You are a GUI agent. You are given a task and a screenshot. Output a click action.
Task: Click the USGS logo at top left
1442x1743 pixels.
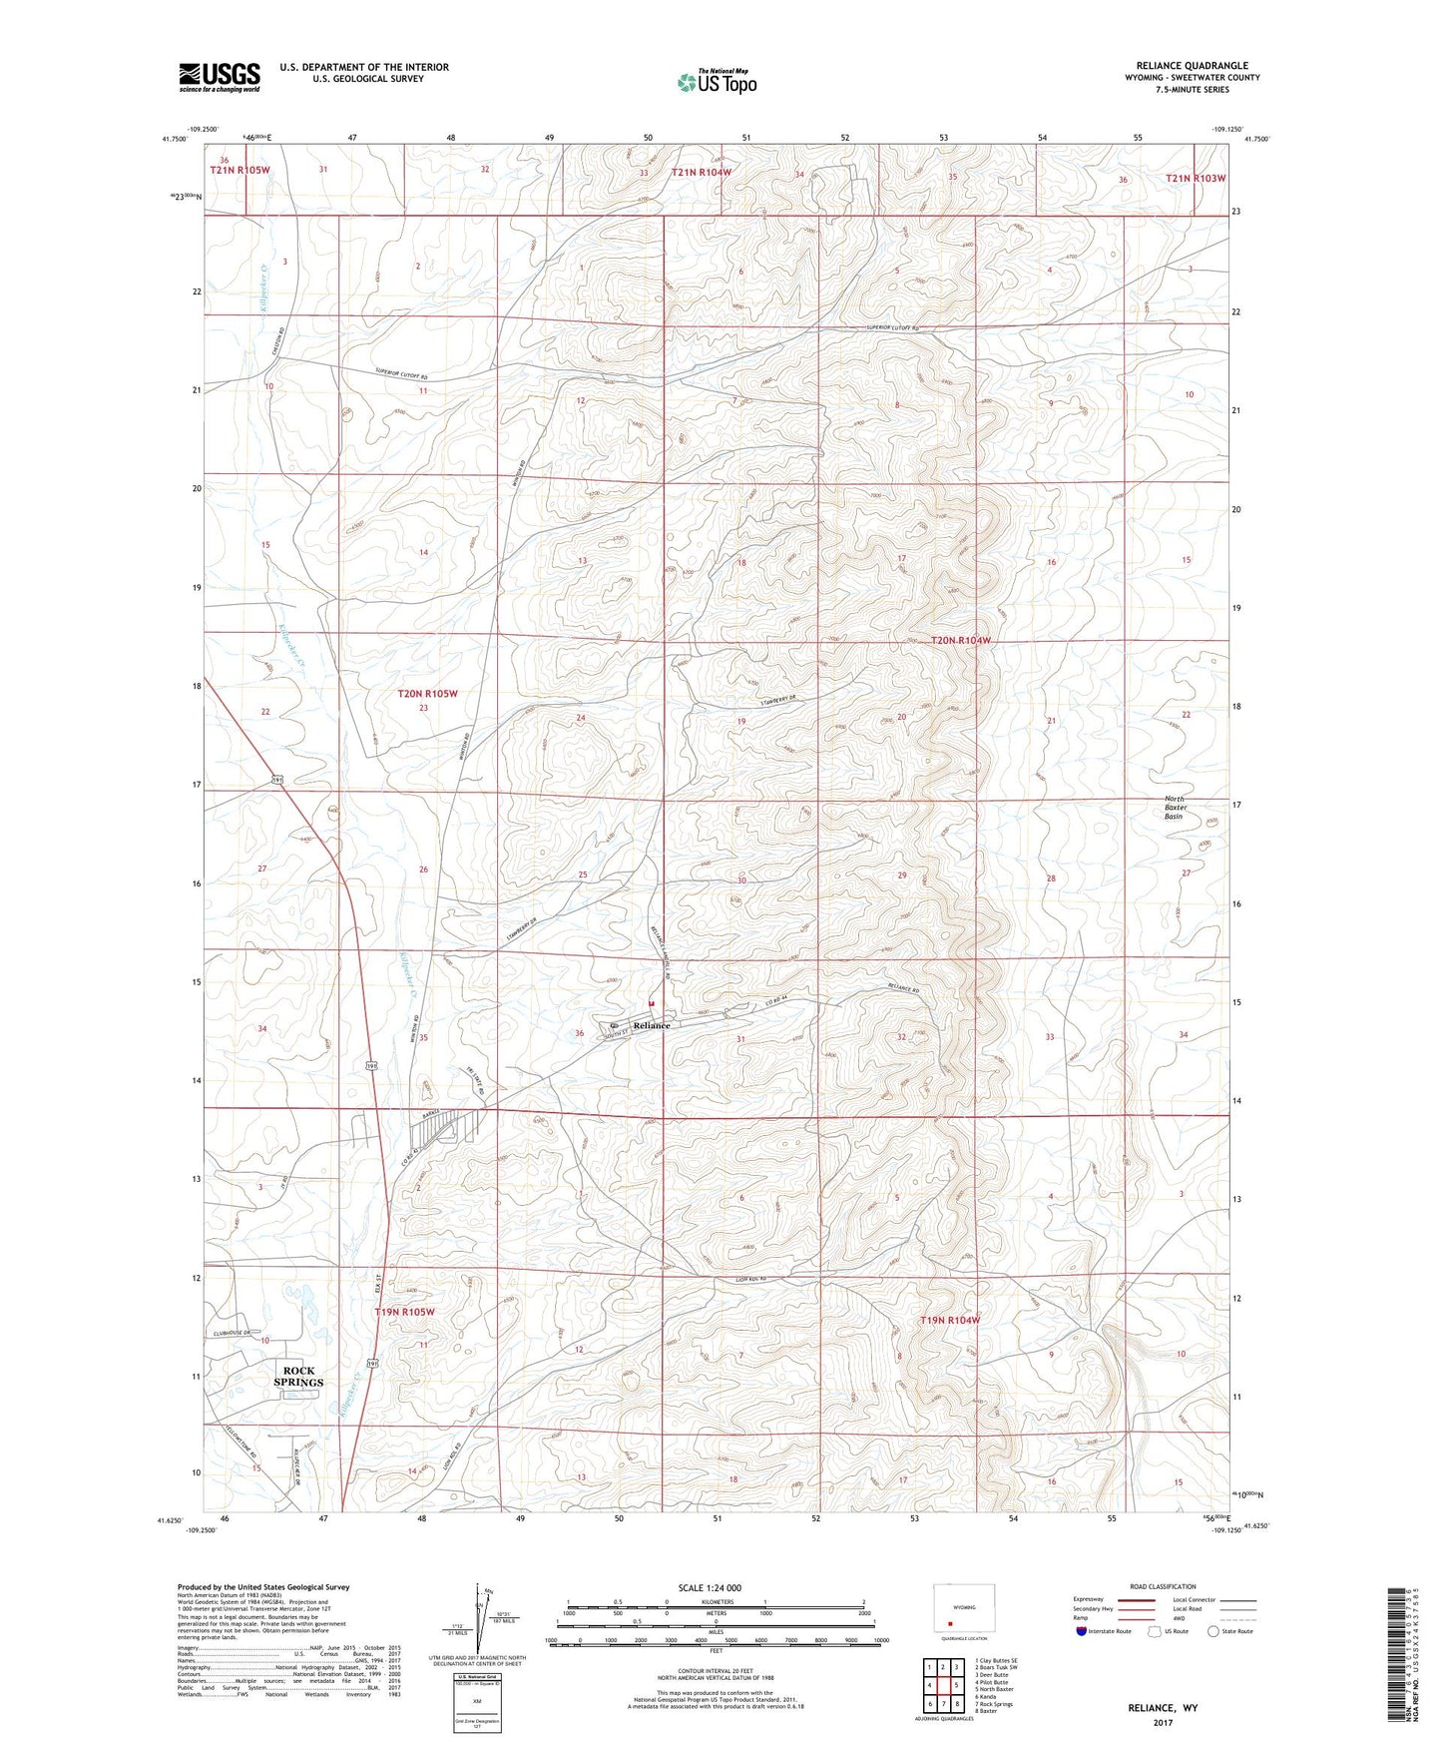tap(220, 76)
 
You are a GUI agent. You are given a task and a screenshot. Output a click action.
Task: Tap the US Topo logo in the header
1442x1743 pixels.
tap(715, 82)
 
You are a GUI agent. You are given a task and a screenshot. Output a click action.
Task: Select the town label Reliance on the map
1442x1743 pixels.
tap(652, 1025)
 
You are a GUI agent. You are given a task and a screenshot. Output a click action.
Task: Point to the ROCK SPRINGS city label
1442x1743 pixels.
tap(299, 1376)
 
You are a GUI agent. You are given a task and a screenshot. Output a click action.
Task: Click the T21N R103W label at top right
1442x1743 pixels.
tap(1196, 178)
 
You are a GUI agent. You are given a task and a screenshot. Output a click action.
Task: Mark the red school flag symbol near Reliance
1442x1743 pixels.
tap(652, 1002)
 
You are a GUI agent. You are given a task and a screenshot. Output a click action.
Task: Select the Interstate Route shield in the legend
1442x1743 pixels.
tap(1082, 1631)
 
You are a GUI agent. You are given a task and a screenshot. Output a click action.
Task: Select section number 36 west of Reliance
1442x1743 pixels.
tap(579, 1033)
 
